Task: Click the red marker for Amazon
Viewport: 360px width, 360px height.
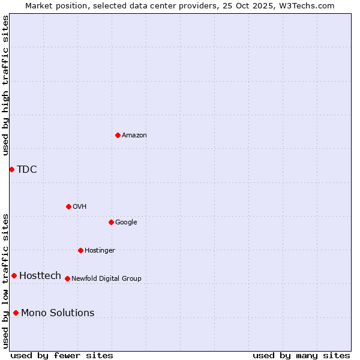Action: pos(118,135)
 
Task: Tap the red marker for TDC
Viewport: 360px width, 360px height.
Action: pos(11,169)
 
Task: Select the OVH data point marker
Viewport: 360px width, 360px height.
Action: pos(68,206)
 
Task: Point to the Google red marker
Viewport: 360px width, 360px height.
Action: pos(111,222)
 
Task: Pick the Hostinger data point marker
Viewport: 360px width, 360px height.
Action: pos(80,250)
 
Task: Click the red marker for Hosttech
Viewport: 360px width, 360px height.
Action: pos(14,275)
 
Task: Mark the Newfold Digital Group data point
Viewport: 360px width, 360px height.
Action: pos(67,278)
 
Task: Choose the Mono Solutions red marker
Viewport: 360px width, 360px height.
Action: pos(16,313)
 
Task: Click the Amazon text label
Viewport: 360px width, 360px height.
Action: pos(134,136)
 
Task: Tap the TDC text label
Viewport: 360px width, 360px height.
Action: pos(27,170)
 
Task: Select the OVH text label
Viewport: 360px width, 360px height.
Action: pos(80,207)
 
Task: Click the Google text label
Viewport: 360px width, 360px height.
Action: pos(126,223)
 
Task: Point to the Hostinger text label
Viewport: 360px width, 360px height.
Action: pos(100,251)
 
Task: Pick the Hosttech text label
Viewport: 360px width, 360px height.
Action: pos(40,276)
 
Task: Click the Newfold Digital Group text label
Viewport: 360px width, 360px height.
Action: pos(106,279)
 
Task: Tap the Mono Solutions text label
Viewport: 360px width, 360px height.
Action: pos(58,313)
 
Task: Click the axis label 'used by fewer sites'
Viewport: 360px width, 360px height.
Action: pos(62,355)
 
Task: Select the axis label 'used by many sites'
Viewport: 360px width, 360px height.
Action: pos(301,355)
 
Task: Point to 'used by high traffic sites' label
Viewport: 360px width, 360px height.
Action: pos(6,85)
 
